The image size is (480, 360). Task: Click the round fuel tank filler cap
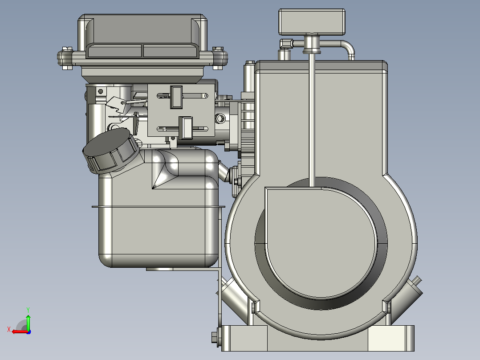110,151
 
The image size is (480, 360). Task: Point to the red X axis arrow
20,331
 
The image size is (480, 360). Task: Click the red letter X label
9,329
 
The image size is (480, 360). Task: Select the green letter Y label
28,310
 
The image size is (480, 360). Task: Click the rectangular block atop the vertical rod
312,21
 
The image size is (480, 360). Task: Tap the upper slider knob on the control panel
176,97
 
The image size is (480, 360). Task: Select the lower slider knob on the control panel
185,127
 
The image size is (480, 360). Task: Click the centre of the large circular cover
321,242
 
